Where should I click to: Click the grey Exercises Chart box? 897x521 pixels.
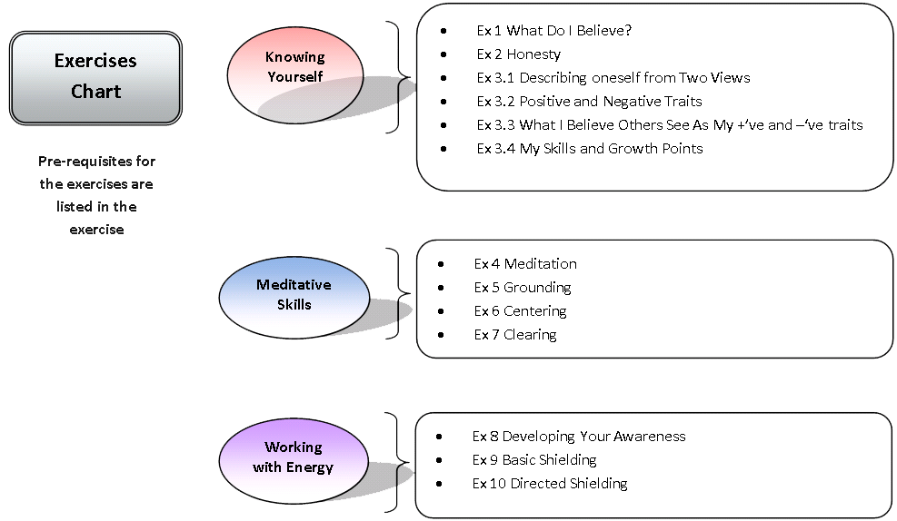[95, 77]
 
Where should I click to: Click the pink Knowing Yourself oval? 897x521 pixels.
[295, 67]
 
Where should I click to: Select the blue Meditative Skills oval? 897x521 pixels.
[294, 295]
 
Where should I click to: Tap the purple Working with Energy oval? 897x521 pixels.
[294, 457]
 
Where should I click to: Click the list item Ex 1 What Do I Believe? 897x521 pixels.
[553, 31]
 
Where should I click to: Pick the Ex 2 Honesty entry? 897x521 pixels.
[518, 54]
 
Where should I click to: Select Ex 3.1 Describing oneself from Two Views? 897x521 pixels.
[613, 78]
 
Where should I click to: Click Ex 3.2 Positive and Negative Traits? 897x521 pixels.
[589, 102]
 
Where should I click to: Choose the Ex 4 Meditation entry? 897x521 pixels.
[525, 264]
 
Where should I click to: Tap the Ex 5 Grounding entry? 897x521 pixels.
[523, 288]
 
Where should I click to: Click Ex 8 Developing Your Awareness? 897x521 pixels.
[579, 437]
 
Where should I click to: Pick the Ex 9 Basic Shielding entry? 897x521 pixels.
[534, 460]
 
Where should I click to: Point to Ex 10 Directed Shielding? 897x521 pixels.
[550, 484]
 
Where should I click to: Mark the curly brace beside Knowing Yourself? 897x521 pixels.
[394, 77]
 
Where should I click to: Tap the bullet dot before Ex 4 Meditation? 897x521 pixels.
[441, 264]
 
